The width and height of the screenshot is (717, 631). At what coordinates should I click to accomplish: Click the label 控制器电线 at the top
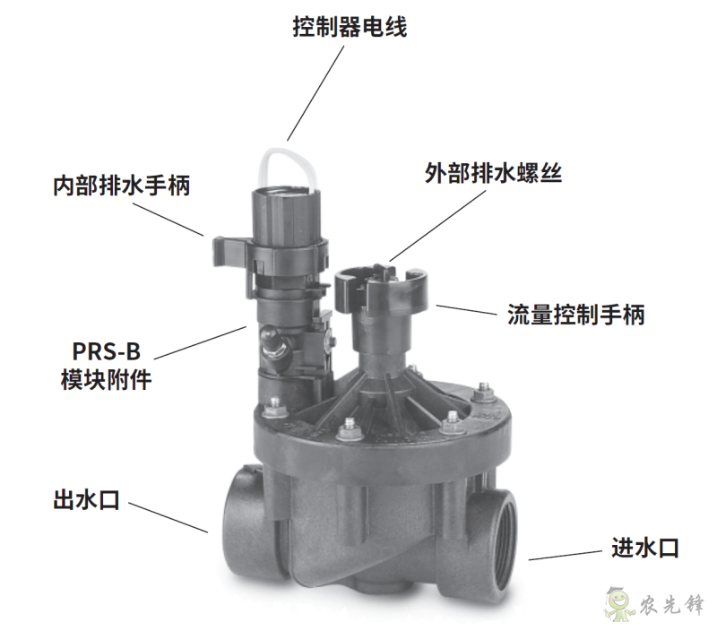(x=350, y=27)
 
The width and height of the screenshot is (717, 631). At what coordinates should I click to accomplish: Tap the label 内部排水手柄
(x=122, y=186)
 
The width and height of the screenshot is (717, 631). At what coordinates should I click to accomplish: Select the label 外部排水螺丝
(x=493, y=173)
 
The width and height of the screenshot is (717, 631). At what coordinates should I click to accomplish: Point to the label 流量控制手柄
(x=576, y=315)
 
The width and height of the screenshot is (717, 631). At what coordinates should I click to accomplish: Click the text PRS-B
(x=106, y=351)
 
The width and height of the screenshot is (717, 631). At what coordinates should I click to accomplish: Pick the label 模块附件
(x=106, y=380)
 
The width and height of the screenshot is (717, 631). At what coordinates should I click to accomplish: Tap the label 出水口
(x=87, y=500)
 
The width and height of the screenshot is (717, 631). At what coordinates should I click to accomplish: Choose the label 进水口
(x=645, y=548)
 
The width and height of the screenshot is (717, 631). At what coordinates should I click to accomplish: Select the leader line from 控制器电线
(x=315, y=93)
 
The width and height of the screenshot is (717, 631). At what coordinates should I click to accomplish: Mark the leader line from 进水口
(x=566, y=555)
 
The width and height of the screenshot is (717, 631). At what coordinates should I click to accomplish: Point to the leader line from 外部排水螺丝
(x=437, y=226)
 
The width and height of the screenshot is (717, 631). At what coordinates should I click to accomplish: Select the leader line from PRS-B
(x=200, y=342)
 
